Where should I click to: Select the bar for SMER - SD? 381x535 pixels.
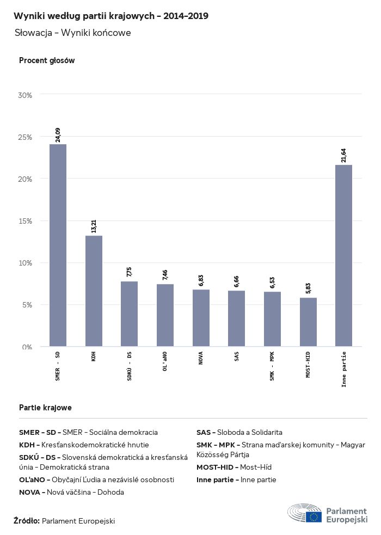point(58,245)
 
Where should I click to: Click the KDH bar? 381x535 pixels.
point(94,291)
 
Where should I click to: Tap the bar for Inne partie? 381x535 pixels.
point(343,255)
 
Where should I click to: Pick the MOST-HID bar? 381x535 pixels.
point(308,322)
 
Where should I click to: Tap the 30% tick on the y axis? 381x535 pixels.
point(26,95)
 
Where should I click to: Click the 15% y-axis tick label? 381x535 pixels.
point(26,221)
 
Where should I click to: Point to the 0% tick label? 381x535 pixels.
point(27,347)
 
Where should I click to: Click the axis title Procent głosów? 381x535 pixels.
point(47,60)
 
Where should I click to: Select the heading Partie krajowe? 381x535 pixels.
point(45,407)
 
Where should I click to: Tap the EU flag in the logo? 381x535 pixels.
point(314,516)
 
